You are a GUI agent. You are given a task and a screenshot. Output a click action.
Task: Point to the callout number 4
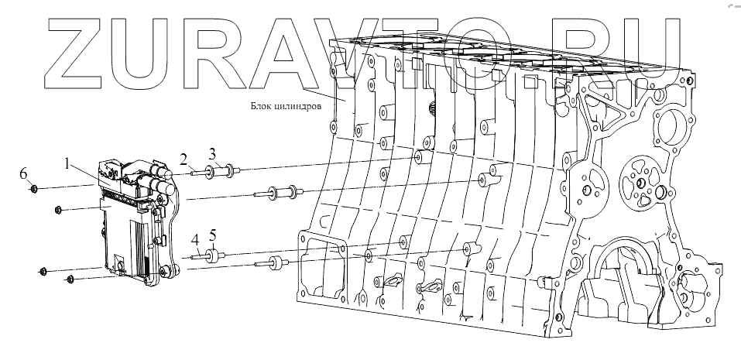196,238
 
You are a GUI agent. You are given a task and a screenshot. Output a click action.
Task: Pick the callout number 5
214,234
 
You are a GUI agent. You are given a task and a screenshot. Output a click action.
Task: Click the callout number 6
23,172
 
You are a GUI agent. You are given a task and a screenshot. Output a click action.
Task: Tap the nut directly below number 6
34,188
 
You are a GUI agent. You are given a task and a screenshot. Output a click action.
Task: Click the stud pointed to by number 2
194,173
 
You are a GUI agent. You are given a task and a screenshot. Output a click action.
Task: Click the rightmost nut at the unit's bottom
70,279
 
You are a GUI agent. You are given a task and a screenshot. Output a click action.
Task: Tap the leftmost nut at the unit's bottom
43,271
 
